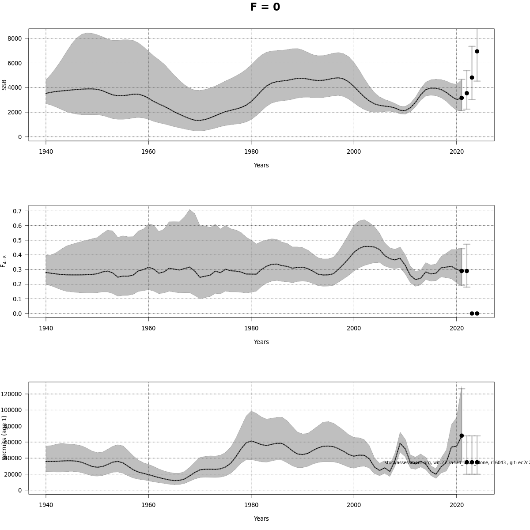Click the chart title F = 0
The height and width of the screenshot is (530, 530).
tap(265, 7)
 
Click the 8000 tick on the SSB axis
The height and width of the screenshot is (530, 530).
tap(15, 38)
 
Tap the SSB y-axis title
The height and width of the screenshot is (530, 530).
tap(4, 85)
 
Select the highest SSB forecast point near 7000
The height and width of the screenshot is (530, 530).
tap(477, 51)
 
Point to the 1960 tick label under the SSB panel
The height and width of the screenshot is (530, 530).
tap(148, 151)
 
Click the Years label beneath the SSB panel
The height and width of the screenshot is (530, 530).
tap(261, 166)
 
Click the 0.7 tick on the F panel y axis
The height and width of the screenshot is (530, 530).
tap(17, 211)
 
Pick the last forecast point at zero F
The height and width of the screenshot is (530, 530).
tap(477, 314)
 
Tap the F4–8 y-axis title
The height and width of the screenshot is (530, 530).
tap(4, 261)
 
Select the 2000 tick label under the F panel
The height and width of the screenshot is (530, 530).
tap(354, 328)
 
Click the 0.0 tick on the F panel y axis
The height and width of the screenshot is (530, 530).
tap(17, 314)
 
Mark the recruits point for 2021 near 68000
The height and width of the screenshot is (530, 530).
tap(462, 435)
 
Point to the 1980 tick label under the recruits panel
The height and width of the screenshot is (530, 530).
tap(251, 505)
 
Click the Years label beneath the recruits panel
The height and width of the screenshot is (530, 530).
tap(261, 519)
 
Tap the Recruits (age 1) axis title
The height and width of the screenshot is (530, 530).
tap(4, 438)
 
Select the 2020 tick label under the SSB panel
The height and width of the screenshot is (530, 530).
tap(456, 151)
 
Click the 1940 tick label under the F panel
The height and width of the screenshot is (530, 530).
tap(46, 328)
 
